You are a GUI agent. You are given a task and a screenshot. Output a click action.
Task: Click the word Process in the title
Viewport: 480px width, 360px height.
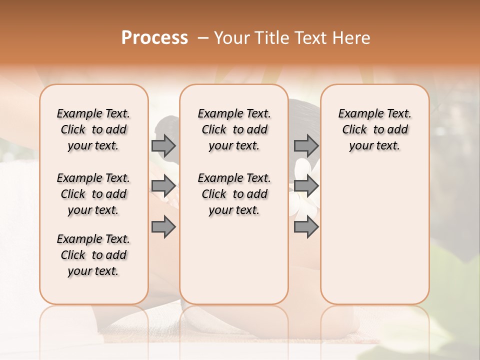[154, 38]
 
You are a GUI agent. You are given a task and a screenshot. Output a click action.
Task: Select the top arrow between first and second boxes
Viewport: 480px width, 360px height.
[163, 145]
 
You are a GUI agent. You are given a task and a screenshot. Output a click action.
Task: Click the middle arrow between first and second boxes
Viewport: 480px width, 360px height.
[163, 186]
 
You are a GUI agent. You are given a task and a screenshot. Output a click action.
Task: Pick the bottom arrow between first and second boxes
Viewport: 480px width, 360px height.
[163, 227]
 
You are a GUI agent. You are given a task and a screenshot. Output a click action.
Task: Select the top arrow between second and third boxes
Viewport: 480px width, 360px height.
[306, 145]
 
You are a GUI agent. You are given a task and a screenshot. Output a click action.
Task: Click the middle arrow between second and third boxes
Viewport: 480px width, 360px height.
[306, 186]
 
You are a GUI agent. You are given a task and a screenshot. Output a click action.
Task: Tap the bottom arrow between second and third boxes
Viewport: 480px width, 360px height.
[306, 227]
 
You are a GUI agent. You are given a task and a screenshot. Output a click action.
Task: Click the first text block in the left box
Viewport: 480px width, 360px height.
[93, 129]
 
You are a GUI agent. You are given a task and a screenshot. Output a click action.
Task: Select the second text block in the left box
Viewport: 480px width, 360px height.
[93, 194]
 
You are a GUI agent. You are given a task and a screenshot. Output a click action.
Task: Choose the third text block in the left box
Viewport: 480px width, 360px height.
[93, 255]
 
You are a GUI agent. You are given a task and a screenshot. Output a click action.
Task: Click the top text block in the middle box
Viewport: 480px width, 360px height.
[234, 129]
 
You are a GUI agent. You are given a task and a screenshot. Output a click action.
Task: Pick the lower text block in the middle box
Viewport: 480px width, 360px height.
[234, 194]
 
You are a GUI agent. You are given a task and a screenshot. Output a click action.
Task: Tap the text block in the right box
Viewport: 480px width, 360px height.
[374, 129]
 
